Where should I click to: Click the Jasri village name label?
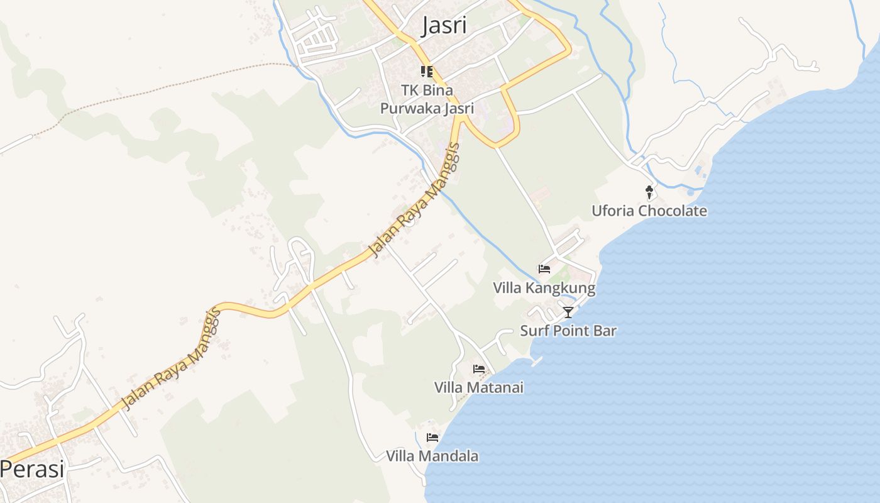[444, 26]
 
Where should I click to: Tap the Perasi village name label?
[32, 469]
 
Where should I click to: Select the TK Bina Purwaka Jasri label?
[427, 99]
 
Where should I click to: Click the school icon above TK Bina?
[427, 72]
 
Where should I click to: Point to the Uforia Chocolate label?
[649, 211]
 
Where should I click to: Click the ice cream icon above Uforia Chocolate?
[649, 192]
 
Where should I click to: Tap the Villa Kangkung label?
[544, 289]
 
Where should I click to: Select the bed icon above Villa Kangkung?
[544, 269]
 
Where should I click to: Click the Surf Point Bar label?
[568, 331]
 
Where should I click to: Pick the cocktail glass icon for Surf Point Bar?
[568, 312]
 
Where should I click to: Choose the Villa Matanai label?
[478, 387]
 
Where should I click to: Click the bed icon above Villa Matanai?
[479, 368]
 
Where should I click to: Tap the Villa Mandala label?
[432, 456]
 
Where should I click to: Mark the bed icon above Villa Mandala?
[432, 437]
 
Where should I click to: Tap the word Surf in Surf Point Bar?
[532, 331]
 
